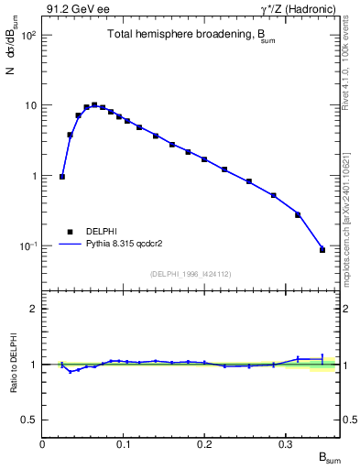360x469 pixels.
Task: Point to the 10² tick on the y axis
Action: (x=28, y=35)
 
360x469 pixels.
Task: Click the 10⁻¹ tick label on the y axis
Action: (x=27, y=246)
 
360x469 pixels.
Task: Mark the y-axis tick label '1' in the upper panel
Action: (x=34, y=176)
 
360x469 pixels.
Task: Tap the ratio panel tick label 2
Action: (x=34, y=310)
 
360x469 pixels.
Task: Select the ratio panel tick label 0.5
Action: (x=30, y=420)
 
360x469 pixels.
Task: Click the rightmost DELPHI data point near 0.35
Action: (x=322, y=249)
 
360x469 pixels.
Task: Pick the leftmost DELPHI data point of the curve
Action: (x=62, y=177)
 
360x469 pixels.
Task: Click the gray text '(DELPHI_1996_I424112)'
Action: (x=190, y=273)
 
